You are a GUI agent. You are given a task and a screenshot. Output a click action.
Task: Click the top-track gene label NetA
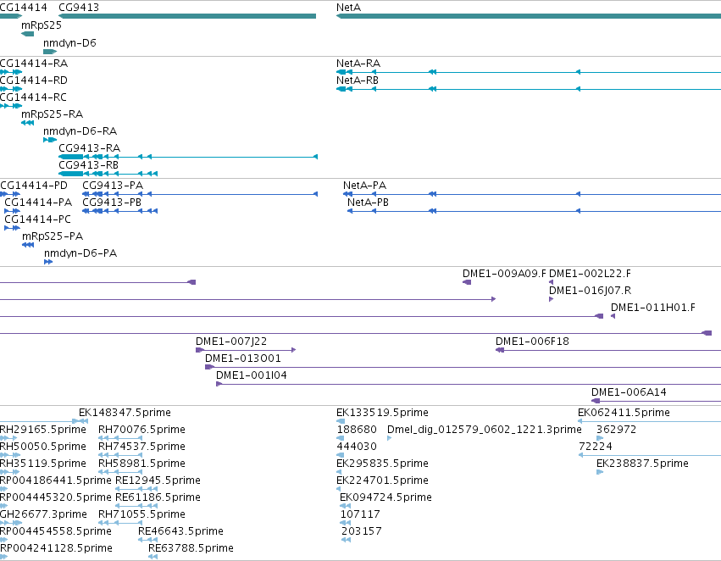coord(348,8)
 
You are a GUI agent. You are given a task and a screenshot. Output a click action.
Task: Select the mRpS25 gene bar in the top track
coord(28,34)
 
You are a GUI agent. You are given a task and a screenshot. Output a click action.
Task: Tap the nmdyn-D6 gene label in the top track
coord(69,42)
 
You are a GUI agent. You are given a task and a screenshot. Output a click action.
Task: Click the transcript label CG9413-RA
coord(89,148)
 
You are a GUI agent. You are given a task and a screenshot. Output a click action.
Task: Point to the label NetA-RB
coord(358,81)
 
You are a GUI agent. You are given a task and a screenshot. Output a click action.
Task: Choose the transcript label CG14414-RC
coord(33,97)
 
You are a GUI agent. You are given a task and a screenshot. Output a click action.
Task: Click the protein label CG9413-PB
coord(112,203)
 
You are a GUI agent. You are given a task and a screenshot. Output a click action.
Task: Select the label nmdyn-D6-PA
coord(80,253)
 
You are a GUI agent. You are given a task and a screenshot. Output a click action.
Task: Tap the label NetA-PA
coord(364,186)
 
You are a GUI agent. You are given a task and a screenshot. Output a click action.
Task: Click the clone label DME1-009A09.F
coord(504,274)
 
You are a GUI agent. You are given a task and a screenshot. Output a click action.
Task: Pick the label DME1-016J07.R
coord(590,291)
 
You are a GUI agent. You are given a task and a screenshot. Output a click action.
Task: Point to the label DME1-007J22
coord(231,342)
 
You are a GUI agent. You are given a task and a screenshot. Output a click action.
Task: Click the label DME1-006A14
coord(629,392)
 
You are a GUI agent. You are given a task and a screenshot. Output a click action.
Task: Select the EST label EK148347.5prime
coord(125,413)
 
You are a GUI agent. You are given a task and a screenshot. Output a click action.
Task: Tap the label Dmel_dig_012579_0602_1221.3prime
coord(484,430)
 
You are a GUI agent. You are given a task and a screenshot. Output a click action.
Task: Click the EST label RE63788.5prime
coord(191,548)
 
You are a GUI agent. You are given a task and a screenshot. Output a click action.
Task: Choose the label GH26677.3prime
coord(43,514)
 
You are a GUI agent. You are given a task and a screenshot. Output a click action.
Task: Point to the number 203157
coord(362,531)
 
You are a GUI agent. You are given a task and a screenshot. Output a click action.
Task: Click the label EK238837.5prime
coord(642,463)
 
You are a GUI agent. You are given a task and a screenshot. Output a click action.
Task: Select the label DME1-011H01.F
coord(653,308)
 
